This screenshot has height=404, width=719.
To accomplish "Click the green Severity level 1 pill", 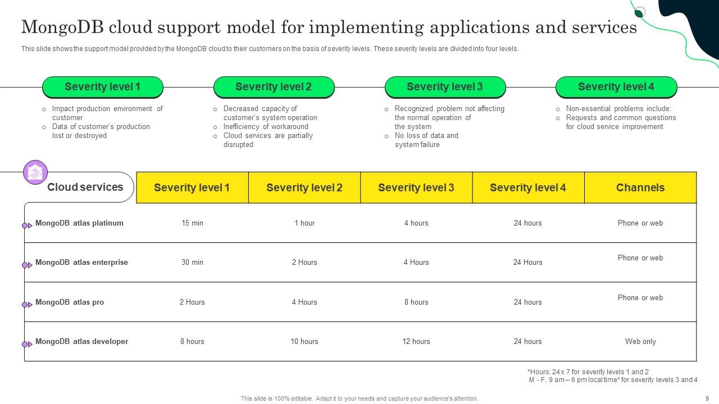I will click(x=102, y=87).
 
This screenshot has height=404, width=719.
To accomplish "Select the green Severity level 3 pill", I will click(x=445, y=87).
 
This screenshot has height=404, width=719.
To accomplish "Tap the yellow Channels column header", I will click(x=640, y=187).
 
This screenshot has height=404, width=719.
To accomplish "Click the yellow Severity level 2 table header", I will click(x=304, y=187).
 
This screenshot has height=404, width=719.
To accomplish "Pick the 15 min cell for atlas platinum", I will click(x=192, y=223).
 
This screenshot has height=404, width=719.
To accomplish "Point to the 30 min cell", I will click(x=192, y=263).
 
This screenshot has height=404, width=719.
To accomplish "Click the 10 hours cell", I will click(x=304, y=342).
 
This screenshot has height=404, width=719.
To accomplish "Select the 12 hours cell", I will click(x=416, y=342).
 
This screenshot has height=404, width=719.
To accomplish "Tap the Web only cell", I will click(x=640, y=342).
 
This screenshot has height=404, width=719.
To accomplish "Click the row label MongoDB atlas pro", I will click(x=70, y=302).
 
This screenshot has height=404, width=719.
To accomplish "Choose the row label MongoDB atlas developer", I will click(x=81, y=342).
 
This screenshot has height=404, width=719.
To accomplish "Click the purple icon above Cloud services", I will click(x=35, y=172).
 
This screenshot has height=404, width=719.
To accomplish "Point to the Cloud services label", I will click(x=85, y=187).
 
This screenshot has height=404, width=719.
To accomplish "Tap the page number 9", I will click(x=707, y=398).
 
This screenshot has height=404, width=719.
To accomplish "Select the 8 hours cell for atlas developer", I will click(x=192, y=342).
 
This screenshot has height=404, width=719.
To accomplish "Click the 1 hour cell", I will click(x=304, y=223).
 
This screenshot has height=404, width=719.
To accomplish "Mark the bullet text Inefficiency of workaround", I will click(x=266, y=127).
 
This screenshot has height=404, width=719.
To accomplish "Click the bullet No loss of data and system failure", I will click(x=426, y=140).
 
